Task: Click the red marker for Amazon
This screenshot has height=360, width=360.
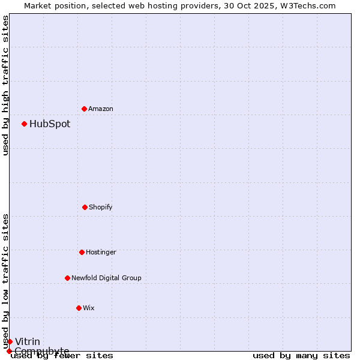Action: (x=84, y=109)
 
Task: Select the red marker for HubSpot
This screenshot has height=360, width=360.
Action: (x=24, y=124)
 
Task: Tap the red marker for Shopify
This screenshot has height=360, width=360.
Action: (x=85, y=207)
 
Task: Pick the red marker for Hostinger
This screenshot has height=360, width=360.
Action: (x=82, y=252)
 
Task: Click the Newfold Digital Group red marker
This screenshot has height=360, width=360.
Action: (x=67, y=278)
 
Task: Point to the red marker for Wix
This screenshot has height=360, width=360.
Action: (x=79, y=308)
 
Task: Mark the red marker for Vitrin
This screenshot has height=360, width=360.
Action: (x=10, y=341)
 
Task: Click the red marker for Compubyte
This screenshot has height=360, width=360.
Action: (x=9, y=351)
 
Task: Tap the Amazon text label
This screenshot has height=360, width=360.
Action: (x=101, y=109)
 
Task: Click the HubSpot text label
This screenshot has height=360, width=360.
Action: (x=50, y=124)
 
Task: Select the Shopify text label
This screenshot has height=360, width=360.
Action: (x=101, y=207)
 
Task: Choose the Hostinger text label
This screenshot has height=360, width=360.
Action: (x=101, y=252)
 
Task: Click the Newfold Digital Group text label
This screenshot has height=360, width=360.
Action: (x=106, y=278)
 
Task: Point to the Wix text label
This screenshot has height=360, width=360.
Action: (x=89, y=308)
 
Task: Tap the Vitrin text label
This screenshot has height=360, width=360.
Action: (x=28, y=342)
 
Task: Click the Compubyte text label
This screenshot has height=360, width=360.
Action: (x=42, y=351)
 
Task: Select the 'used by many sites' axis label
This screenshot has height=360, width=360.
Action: (x=301, y=355)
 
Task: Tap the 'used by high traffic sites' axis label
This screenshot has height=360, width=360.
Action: (x=5, y=86)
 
